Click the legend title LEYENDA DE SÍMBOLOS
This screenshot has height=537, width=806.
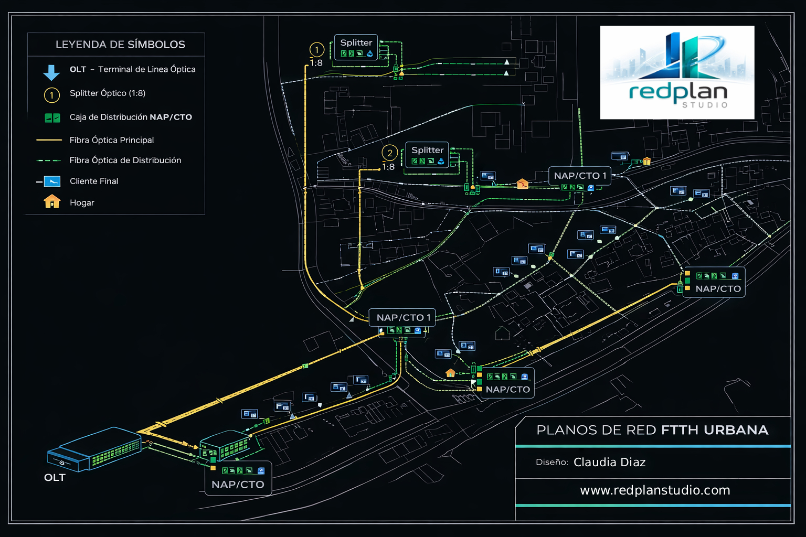click(120, 45)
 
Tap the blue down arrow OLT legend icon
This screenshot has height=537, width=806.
click(51, 72)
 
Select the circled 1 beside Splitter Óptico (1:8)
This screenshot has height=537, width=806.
click(51, 95)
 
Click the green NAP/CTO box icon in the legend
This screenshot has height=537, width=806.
click(52, 118)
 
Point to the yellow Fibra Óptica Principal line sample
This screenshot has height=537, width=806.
click(49, 140)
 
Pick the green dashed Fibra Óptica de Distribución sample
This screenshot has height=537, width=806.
click(49, 160)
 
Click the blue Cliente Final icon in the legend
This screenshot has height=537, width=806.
click(52, 181)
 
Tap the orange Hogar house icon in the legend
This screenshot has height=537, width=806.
click(52, 202)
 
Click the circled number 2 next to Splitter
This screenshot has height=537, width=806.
click(389, 153)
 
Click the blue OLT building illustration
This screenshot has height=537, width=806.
click(94, 449)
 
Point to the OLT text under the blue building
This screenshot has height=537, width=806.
click(55, 478)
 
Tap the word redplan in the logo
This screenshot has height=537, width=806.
click(678, 92)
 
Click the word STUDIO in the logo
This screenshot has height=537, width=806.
click(705, 105)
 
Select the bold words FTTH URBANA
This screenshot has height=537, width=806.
click(714, 431)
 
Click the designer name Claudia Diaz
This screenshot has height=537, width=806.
click(609, 463)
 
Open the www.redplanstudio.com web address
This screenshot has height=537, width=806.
click(655, 490)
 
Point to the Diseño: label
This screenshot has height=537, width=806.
click(552, 463)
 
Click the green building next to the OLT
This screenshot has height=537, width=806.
click(225, 446)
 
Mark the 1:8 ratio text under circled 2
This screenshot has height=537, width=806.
click(388, 167)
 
